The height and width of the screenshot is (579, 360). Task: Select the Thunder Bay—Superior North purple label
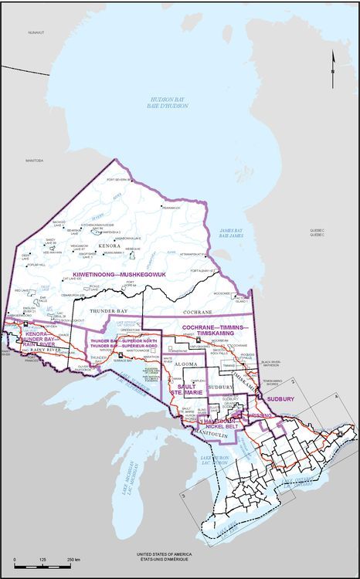coord(114,344)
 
